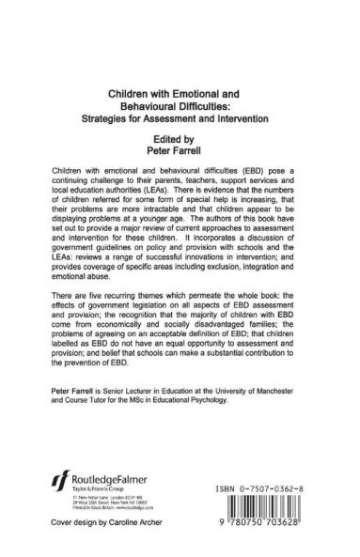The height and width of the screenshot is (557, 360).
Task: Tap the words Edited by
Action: [x=180, y=137]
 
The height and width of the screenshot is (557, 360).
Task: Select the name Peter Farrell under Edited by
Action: [x=180, y=148]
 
